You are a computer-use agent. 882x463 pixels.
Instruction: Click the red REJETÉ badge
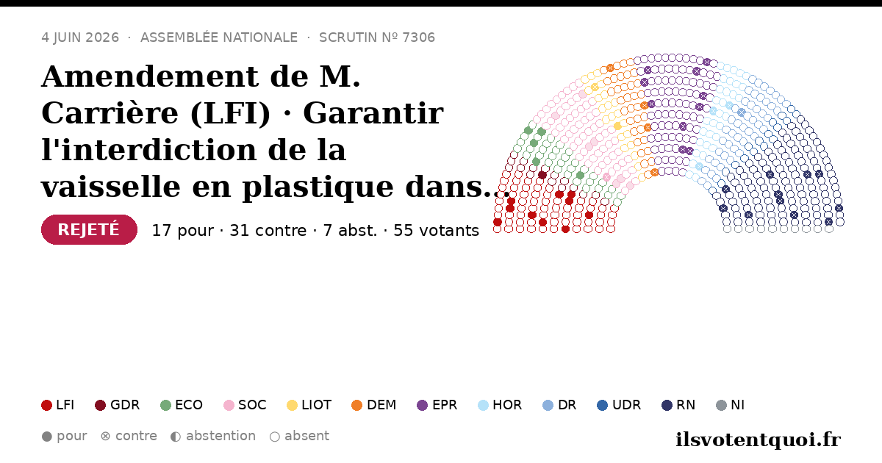tap(89, 229)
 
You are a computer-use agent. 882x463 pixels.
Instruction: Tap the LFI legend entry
tap(58, 405)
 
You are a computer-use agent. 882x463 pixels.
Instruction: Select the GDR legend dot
tap(101, 405)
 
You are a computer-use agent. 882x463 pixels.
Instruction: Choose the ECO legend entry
tap(182, 405)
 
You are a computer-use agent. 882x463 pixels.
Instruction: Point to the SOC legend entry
tap(245, 405)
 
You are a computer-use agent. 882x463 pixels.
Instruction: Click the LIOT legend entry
tap(309, 405)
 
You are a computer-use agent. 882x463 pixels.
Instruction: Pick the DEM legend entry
tap(373, 405)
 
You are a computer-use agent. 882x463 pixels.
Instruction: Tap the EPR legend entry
tap(437, 405)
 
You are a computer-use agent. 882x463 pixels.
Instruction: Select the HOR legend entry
tap(500, 405)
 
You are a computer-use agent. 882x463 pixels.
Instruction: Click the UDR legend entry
tap(619, 405)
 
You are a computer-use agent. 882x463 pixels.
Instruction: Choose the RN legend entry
tap(678, 405)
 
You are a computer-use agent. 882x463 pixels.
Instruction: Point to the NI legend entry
tap(731, 405)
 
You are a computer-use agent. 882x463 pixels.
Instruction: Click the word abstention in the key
tap(221, 436)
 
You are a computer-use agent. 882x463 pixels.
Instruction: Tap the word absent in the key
tap(306, 436)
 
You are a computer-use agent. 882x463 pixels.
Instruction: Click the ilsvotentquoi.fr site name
tap(758, 439)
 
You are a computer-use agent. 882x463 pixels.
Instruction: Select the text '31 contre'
tap(268, 230)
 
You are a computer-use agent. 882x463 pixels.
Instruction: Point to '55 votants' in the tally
tap(437, 230)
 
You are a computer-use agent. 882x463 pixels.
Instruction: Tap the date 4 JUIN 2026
tap(80, 37)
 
